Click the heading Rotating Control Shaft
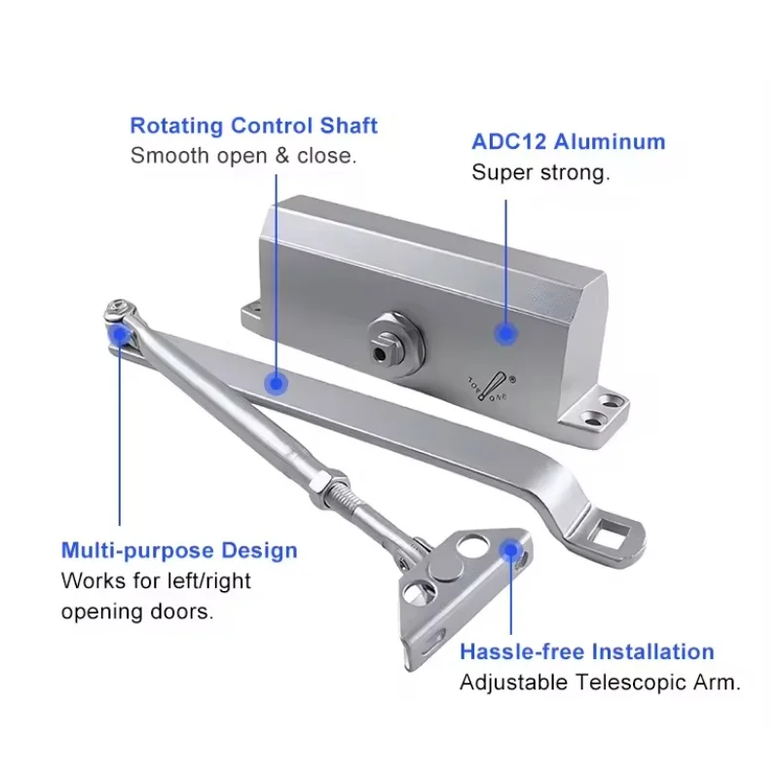pyautogui.click(x=253, y=126)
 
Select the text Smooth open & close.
pyautogui.click(x=243, y=156)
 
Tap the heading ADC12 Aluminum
pyautogui.click(x=569, y=141)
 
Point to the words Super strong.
pyautogui.click(x=540, y=172)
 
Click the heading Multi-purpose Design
pyautogui.click(x=179, y=550)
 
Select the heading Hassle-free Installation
pyautogui.click(x=586, y=651)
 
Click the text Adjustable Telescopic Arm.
pyautogui.click(x=600, y=683)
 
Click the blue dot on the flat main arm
pyautogui.click(x=277, y=384)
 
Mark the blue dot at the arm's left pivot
pyautogui.click(x=120, y=335)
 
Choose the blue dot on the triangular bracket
pyautogui.click(x=507, y=550)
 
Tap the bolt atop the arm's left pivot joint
pyautogui.click(x=117, y=312)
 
